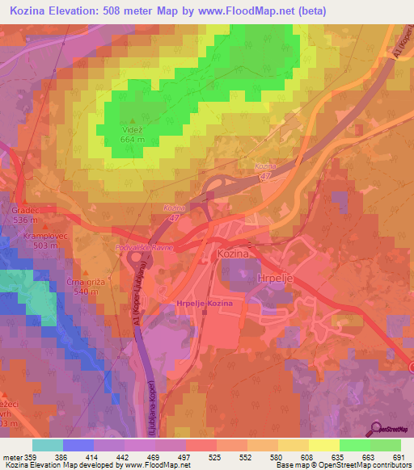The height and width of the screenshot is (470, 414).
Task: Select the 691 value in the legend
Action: (399, 456)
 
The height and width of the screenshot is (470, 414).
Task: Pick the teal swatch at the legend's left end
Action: (47, 445)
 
